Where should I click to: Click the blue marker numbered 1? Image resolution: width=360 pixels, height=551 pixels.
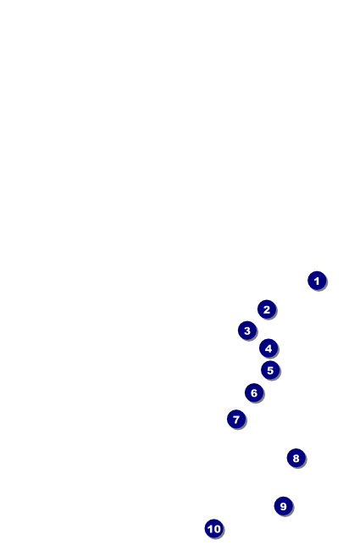(317, 281)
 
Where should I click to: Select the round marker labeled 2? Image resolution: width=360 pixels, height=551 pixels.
(267, 309)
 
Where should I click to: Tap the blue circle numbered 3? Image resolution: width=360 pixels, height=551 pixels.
(247, 331)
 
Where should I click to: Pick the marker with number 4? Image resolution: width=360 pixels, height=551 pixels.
(269, 348)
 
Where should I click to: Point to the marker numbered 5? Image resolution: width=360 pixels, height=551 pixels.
(270, 370)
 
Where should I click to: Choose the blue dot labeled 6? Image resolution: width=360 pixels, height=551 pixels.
(254, 392)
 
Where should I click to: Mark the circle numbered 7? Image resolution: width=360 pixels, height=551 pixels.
(236, 420)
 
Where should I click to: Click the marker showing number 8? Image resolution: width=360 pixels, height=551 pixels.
(296, 459)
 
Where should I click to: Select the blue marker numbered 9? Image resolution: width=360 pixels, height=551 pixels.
(284, 506)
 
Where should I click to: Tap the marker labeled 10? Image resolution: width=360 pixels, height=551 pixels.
(214, 528)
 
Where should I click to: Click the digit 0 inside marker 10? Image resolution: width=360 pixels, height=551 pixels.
(217, 529)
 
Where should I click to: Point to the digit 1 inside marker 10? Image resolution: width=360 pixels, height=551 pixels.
(210, 529)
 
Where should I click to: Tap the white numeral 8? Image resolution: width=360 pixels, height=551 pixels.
(296, 459)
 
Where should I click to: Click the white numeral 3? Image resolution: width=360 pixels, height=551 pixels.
(247, 331)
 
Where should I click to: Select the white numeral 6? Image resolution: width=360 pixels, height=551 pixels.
(254, 392)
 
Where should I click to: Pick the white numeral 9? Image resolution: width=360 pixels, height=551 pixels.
(284, 506)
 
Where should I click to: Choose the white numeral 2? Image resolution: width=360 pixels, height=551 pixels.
(267, 309)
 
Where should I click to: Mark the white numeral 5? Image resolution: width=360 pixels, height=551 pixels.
(270, 370)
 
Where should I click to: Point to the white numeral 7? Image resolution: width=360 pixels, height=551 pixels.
(236, 420)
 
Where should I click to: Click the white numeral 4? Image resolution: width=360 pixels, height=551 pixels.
(269, 348)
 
